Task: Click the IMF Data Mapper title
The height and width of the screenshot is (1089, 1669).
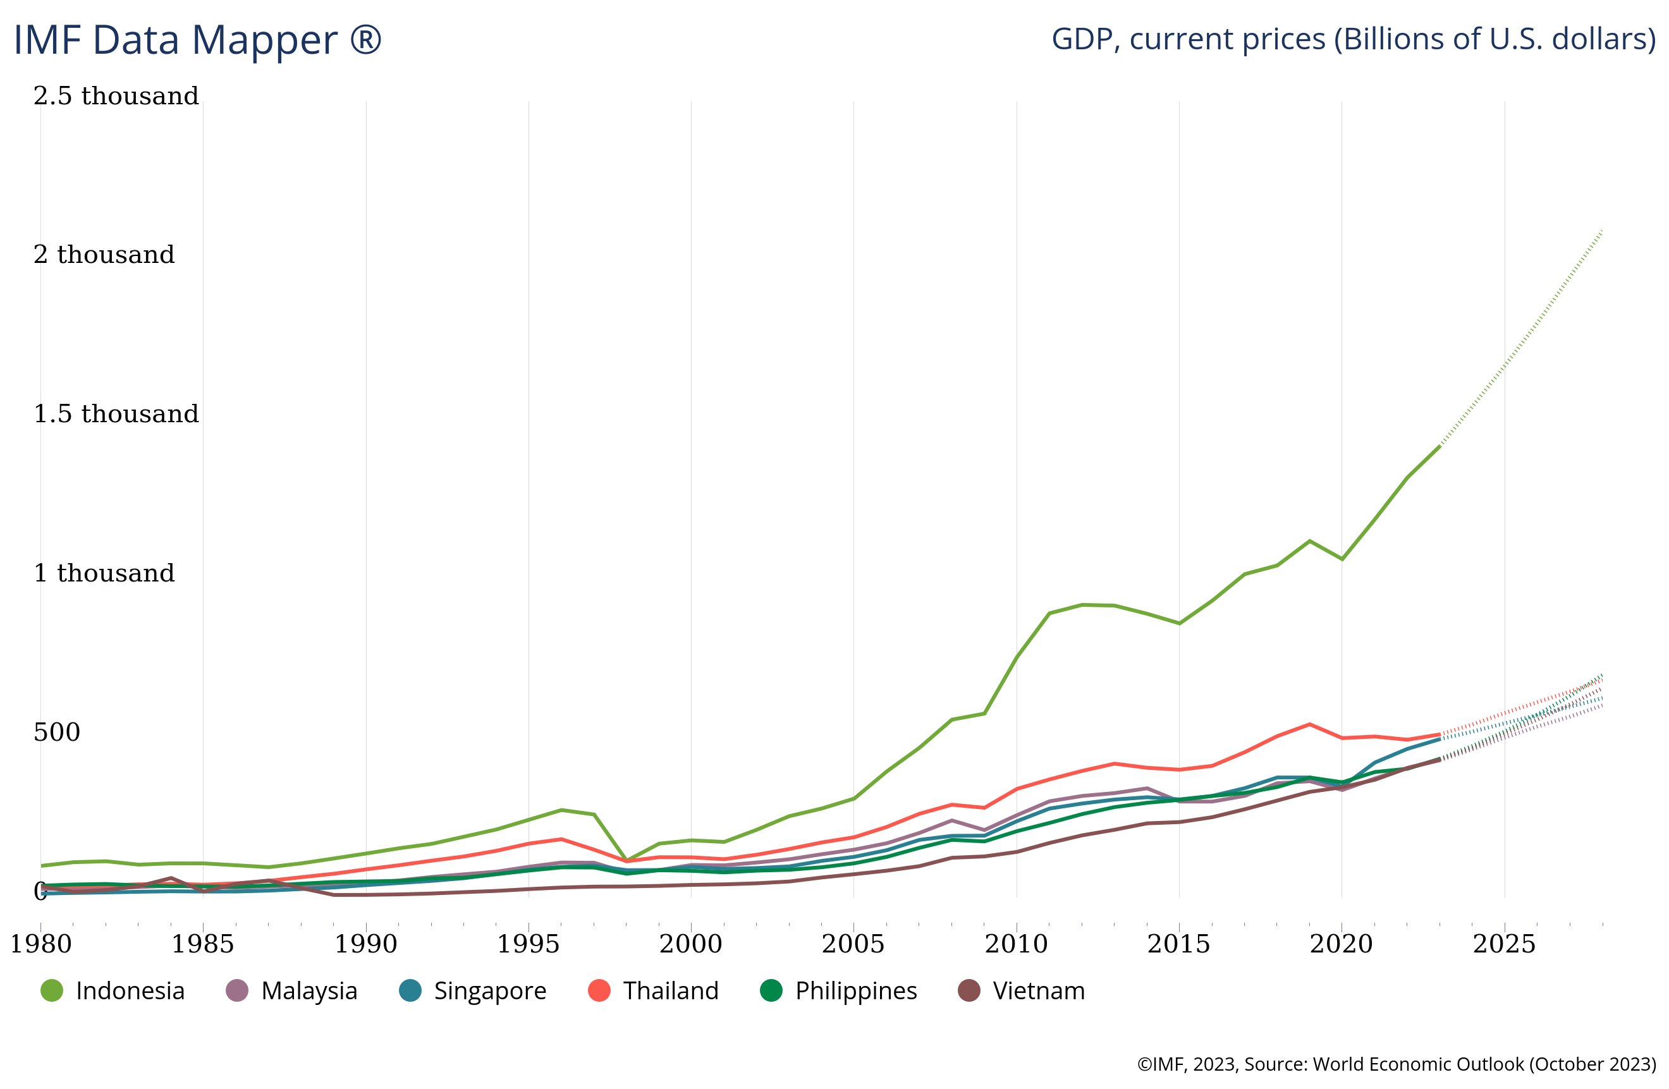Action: [197, 40]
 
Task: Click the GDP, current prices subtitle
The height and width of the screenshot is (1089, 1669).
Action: [1353, 39]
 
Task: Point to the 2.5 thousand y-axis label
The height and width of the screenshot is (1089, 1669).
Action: [116, 96]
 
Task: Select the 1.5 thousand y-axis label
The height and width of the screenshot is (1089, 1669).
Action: [116, 414]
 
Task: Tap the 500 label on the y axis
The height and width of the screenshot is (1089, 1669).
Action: [57, 732]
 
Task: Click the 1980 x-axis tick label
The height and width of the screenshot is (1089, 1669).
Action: [40, 944]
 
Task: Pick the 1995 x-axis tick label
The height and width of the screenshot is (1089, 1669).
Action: [528, 944]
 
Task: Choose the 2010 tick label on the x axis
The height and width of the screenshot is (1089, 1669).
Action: [1016, 944]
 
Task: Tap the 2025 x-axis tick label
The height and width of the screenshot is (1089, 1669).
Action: [1503, 944]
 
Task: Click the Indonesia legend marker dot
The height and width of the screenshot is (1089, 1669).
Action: [52, 991]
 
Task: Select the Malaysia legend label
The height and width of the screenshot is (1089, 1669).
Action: [309, 991]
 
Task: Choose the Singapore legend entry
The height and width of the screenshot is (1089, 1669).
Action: [473, 991]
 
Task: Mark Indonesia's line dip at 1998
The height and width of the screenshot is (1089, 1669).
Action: [627, 860]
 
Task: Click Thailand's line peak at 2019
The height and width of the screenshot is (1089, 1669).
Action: [1309, 724]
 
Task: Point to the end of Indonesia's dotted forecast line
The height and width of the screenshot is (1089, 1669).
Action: [1603, 230]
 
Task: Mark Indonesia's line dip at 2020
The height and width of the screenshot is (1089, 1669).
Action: [1342, 559]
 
